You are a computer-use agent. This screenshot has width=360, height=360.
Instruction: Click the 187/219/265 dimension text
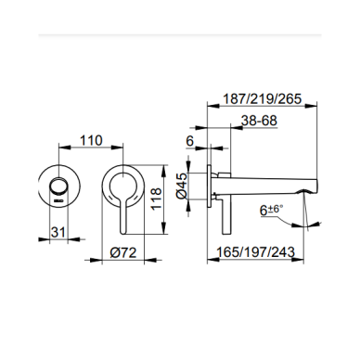coord(262,99)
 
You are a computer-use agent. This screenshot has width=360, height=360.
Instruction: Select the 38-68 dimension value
coord(259,121)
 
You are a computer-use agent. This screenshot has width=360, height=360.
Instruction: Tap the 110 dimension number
coord(91,140)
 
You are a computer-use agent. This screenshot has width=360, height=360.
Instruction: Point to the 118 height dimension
coord(157,199)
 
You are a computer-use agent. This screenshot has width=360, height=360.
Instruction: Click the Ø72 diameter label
coord(123,252)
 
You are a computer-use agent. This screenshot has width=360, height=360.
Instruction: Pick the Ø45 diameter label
coord(182,186)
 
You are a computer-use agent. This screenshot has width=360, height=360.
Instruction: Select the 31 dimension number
coord(58,232)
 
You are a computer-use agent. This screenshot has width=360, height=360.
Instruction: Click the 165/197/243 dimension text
coord(255,252)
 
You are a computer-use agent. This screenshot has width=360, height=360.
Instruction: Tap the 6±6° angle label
coord(272,211)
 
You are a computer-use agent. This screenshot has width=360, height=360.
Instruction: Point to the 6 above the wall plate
coord(190,141)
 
